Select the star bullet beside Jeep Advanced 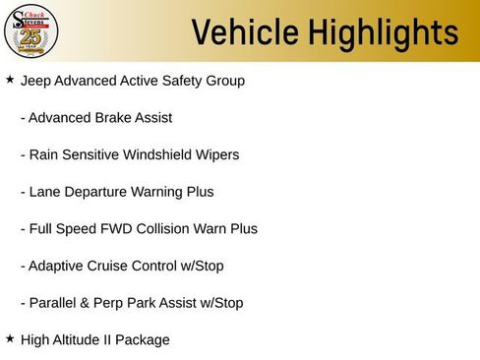pos(10,79)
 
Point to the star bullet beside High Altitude pos(10,338)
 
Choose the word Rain pos(45,154)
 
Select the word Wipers pos(217,154)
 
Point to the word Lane pos(45,192)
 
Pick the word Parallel pos(53,303)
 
